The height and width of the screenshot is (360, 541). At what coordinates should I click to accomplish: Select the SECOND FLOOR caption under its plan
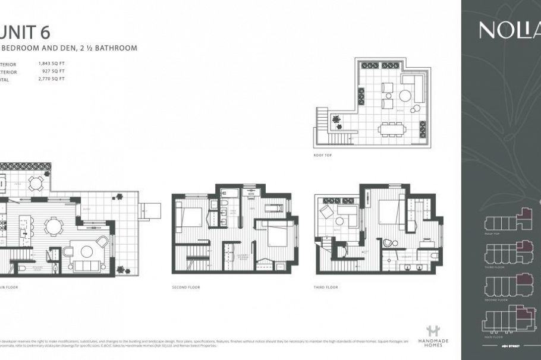(185, 287)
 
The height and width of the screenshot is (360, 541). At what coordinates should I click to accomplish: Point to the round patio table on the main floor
(36, 184)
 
